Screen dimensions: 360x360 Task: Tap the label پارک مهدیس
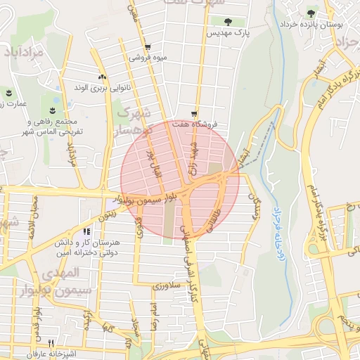point(231,33)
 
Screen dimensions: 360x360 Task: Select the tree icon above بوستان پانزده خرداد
point(311,13)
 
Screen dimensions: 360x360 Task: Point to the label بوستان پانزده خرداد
point(310,24)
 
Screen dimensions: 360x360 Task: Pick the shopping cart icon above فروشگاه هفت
point(194,113)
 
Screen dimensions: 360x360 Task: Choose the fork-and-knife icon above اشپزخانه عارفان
point(49,342)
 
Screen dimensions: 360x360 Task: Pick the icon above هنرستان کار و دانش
point(86,231)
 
